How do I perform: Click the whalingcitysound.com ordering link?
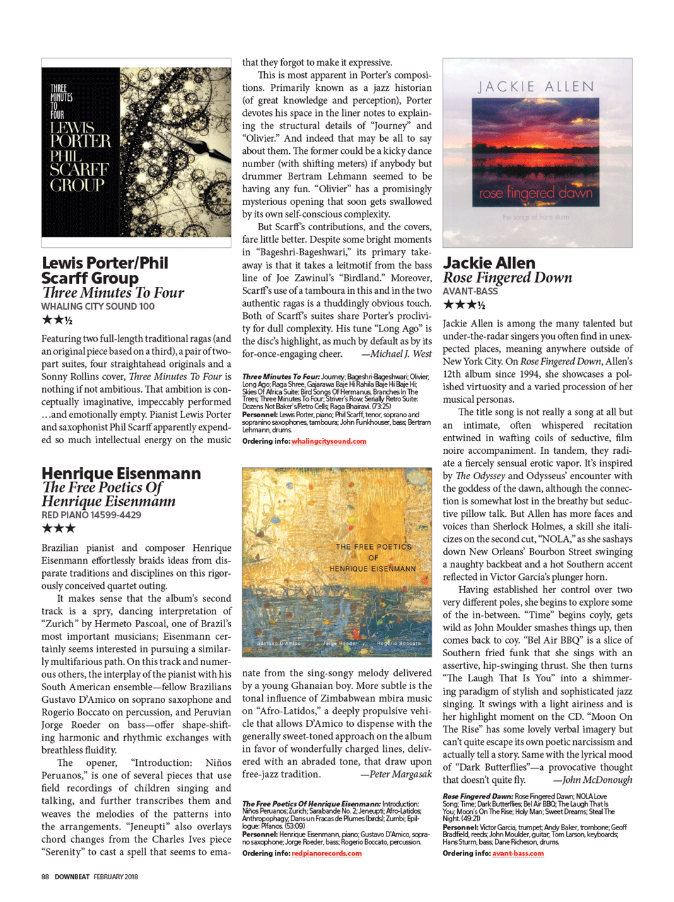tap(328, 441)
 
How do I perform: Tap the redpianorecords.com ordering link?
tap(327, 853)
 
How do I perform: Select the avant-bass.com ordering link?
tap(518, 853)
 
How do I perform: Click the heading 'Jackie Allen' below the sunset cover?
tap(489, 263)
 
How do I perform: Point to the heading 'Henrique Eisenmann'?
tap(121, 473)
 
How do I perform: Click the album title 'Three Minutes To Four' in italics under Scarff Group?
tap(113, 292)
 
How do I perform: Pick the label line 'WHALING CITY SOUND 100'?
tap(98, 306)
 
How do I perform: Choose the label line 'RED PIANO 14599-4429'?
tap(91, 515)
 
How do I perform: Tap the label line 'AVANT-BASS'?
tap(470, 291)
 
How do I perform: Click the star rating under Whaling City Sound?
tap(57, 320)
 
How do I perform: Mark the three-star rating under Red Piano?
tap(58, 529)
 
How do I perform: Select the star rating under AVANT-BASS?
tap(463, 305)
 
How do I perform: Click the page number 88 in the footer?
tap(45, 877)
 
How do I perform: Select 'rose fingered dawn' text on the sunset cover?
tap(536, 192)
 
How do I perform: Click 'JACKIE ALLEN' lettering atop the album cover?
tap(536, 87)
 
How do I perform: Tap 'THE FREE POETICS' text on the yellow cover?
tap(373, 547)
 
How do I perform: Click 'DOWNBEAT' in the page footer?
tap(72, 877)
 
